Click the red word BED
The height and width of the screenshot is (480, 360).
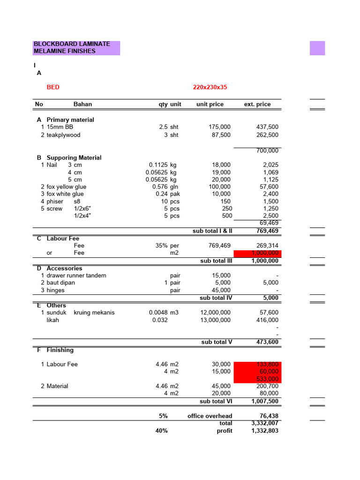coord(53,87)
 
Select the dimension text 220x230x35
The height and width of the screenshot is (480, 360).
coord(210,87)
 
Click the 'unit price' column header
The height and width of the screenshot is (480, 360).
coord(210,104)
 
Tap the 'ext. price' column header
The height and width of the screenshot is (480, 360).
coord(257,104)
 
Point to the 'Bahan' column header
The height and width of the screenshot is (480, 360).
coord(82,104)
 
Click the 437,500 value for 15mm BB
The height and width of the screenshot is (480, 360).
coord(267,127)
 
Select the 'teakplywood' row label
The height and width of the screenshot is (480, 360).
coord(63,135)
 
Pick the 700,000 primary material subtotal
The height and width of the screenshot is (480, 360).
coord(267,150)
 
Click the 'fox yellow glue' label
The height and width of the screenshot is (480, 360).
coord(66,187)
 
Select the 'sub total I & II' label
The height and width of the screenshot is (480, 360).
coord(212,231)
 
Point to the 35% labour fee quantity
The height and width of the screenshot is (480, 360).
coord(162,246)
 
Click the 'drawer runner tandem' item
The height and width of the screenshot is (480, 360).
coord(76,276)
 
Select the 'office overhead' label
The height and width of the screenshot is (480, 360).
coord(210,416)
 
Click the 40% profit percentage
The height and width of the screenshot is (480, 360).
coord(161,430)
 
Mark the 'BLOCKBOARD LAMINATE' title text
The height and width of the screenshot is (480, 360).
coord(72,44)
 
